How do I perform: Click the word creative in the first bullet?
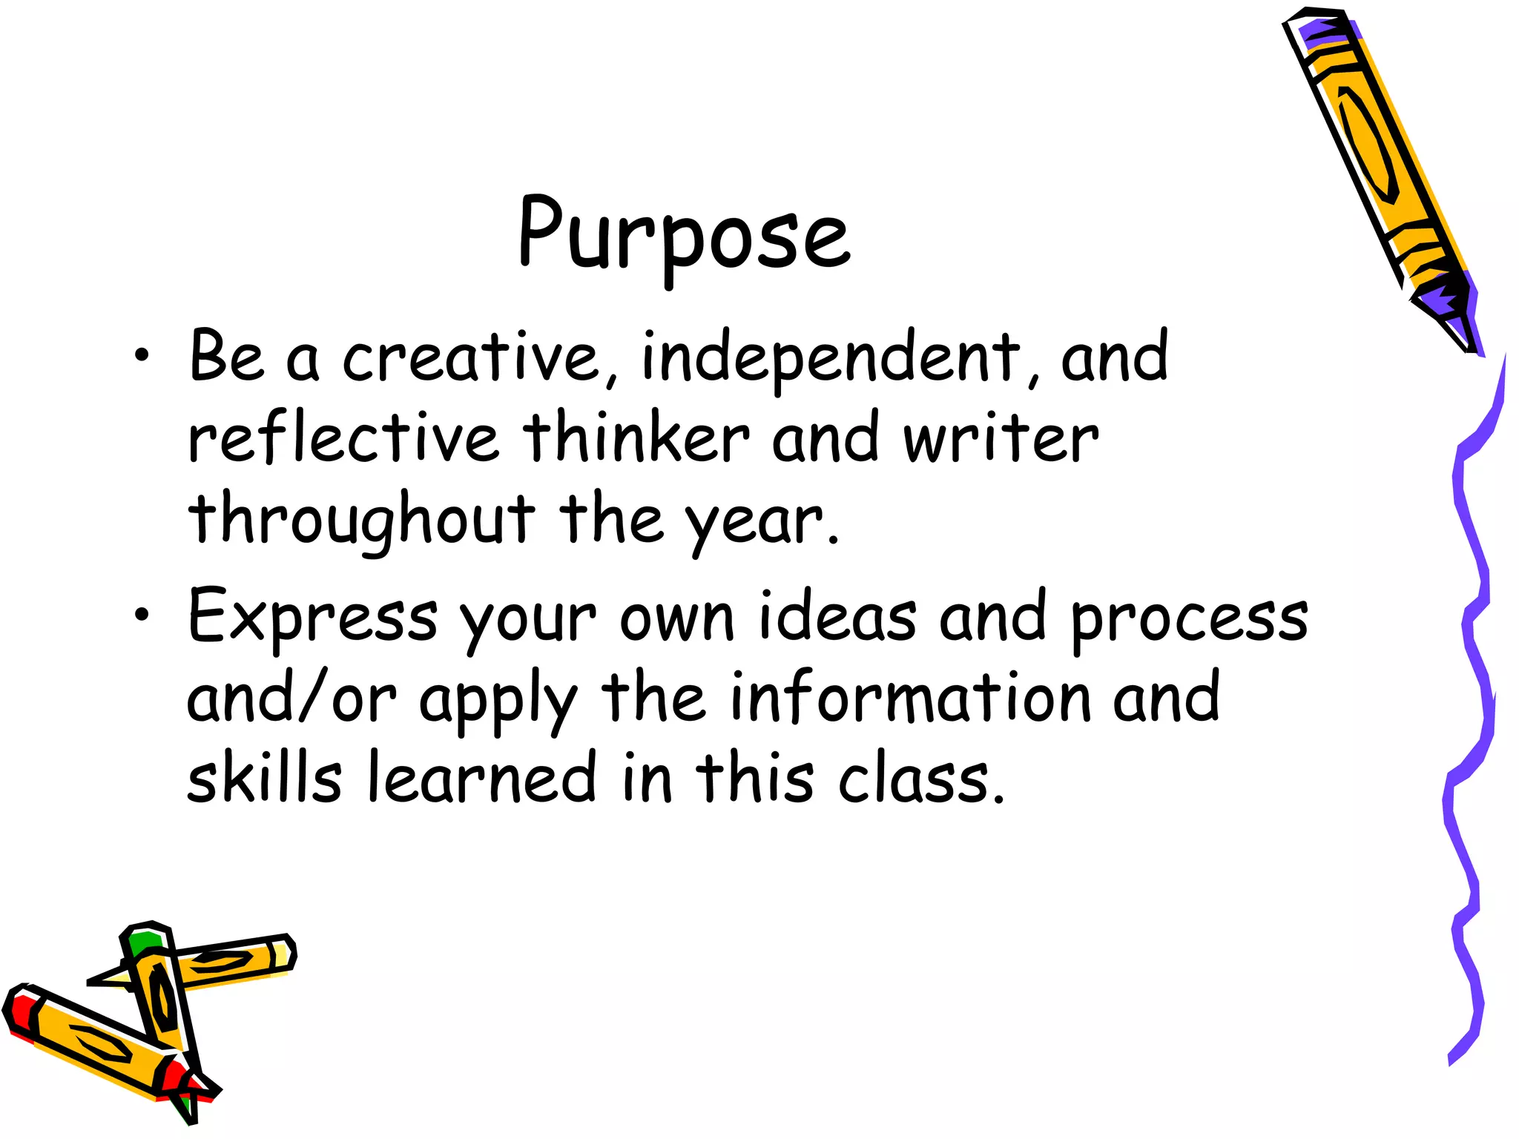(x=472, y=357)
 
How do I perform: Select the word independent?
(x=831, y=357)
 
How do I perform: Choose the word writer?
(x=1000, y=439)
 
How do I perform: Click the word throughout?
(x=361, y=519)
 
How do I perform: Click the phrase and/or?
(x=291, y=699)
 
